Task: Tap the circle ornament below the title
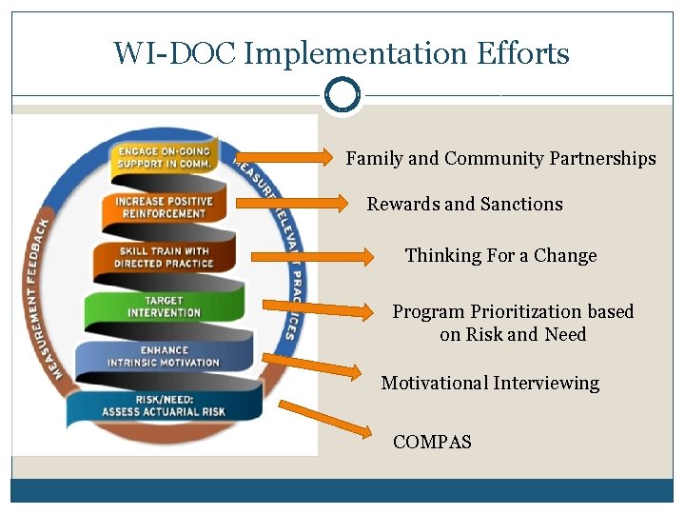click(x=342, y=95)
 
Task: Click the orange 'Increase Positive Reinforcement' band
click(x=164, y=208)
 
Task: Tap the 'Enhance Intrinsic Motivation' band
click(x=164, y=357)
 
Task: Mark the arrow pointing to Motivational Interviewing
click(x=313, y=367)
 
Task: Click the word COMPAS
click(x=432, y=442)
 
